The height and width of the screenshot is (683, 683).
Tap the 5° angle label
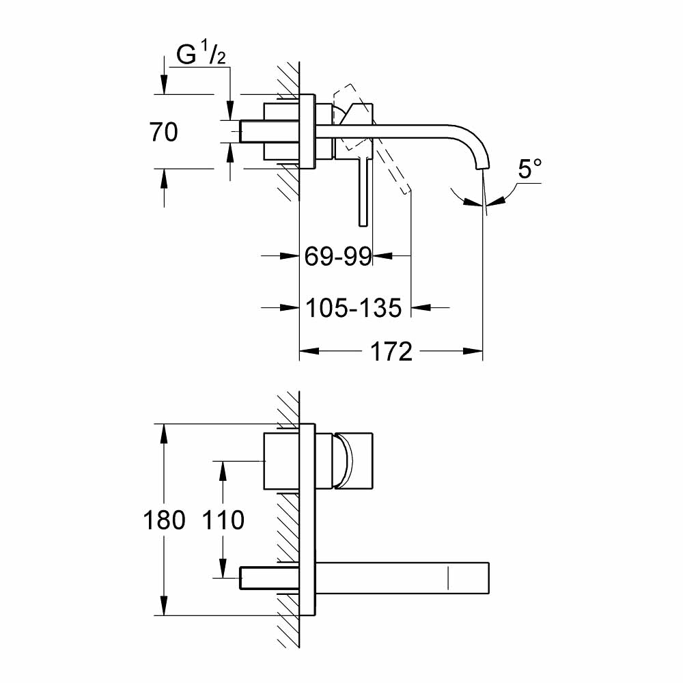pyautogui.click(x=529, y=169)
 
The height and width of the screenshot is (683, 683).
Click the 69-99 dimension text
pyautogui.click(x=337, y=257)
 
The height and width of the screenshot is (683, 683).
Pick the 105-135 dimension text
pyautogui.click(x=354, y=308)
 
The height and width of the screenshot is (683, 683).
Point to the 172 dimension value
pyautogui.click(x=391, y=352)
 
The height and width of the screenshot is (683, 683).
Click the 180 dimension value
pyautogui.click(x=165, y=520)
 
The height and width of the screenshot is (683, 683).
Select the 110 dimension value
pyautogui.click(x=223, y=520)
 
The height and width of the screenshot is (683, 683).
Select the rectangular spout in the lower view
pyautogui.click(x=403, y=577)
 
